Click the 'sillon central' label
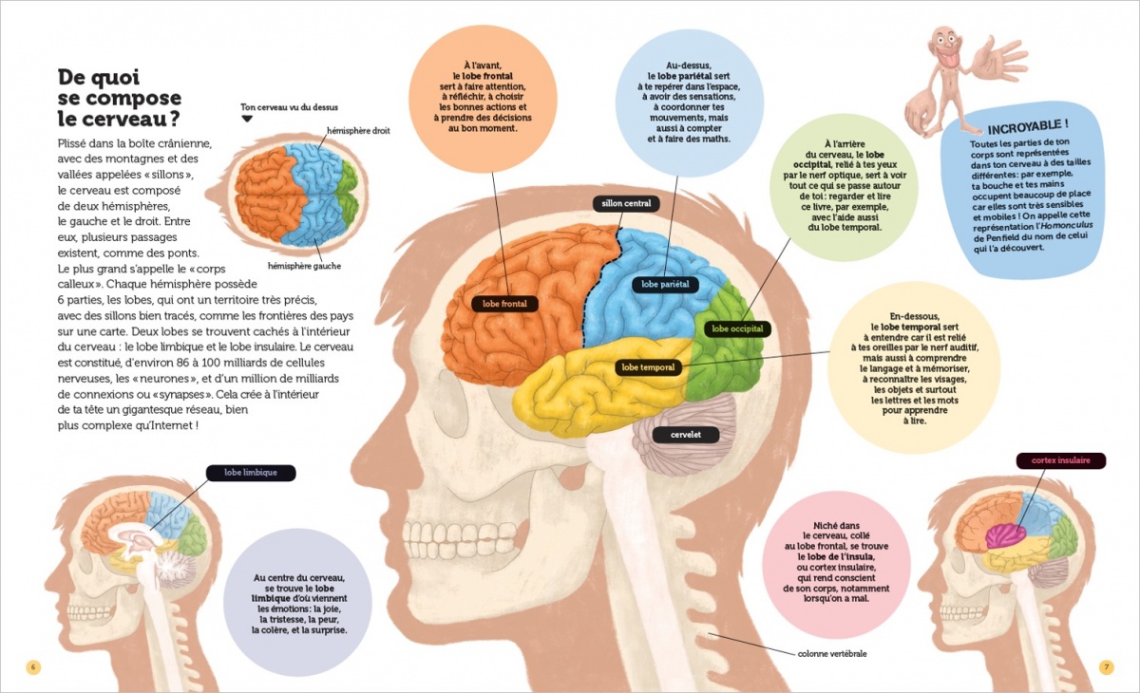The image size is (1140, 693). coord(626,203)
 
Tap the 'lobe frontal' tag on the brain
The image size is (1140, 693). coord(504,304)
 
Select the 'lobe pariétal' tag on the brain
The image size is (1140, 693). coord(665,284)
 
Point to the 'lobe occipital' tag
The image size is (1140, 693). coord(737,328)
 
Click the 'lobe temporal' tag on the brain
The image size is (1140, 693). coord(648,367)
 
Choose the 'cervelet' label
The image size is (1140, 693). coord(686,435)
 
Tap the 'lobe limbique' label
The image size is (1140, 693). coord(251,473)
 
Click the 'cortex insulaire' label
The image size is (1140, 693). coord(1061,460)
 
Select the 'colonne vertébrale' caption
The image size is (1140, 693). coord(831,654)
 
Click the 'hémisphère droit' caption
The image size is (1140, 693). coord(358,131)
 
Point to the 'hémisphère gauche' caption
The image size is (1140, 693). coord(304,266)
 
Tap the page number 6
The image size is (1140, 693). coord(33,667)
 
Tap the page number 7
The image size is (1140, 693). coord(1107,667)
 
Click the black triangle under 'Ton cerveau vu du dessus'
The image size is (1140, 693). coord(247,119)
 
